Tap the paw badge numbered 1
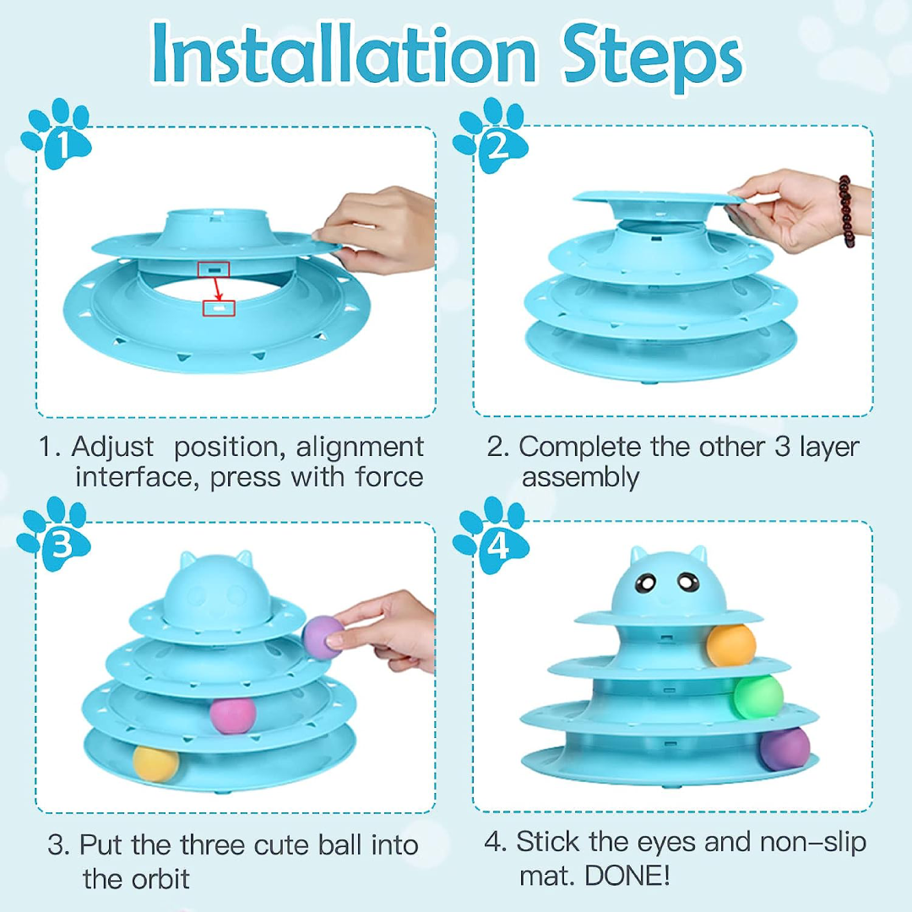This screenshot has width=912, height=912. tap(56, 134)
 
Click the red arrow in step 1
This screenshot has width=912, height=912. tap(217, 289)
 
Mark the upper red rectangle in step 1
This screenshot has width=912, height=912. tap(214, 269)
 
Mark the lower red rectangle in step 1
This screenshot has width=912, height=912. tap(219, 308)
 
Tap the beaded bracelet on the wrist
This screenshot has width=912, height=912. tap(846, 211)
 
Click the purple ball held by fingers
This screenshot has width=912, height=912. tap(323, 638)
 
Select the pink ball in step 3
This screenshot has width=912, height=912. tap(233, 715)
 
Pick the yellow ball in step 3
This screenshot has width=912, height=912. tap(155, 763)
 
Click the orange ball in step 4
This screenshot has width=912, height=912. tap(731, 645)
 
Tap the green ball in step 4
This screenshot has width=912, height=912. tap(757, 697)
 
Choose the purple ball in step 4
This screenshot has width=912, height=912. tap(784, 749)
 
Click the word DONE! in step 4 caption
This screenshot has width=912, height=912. tap(627, 876)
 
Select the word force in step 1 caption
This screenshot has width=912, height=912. tap(389, 477)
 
